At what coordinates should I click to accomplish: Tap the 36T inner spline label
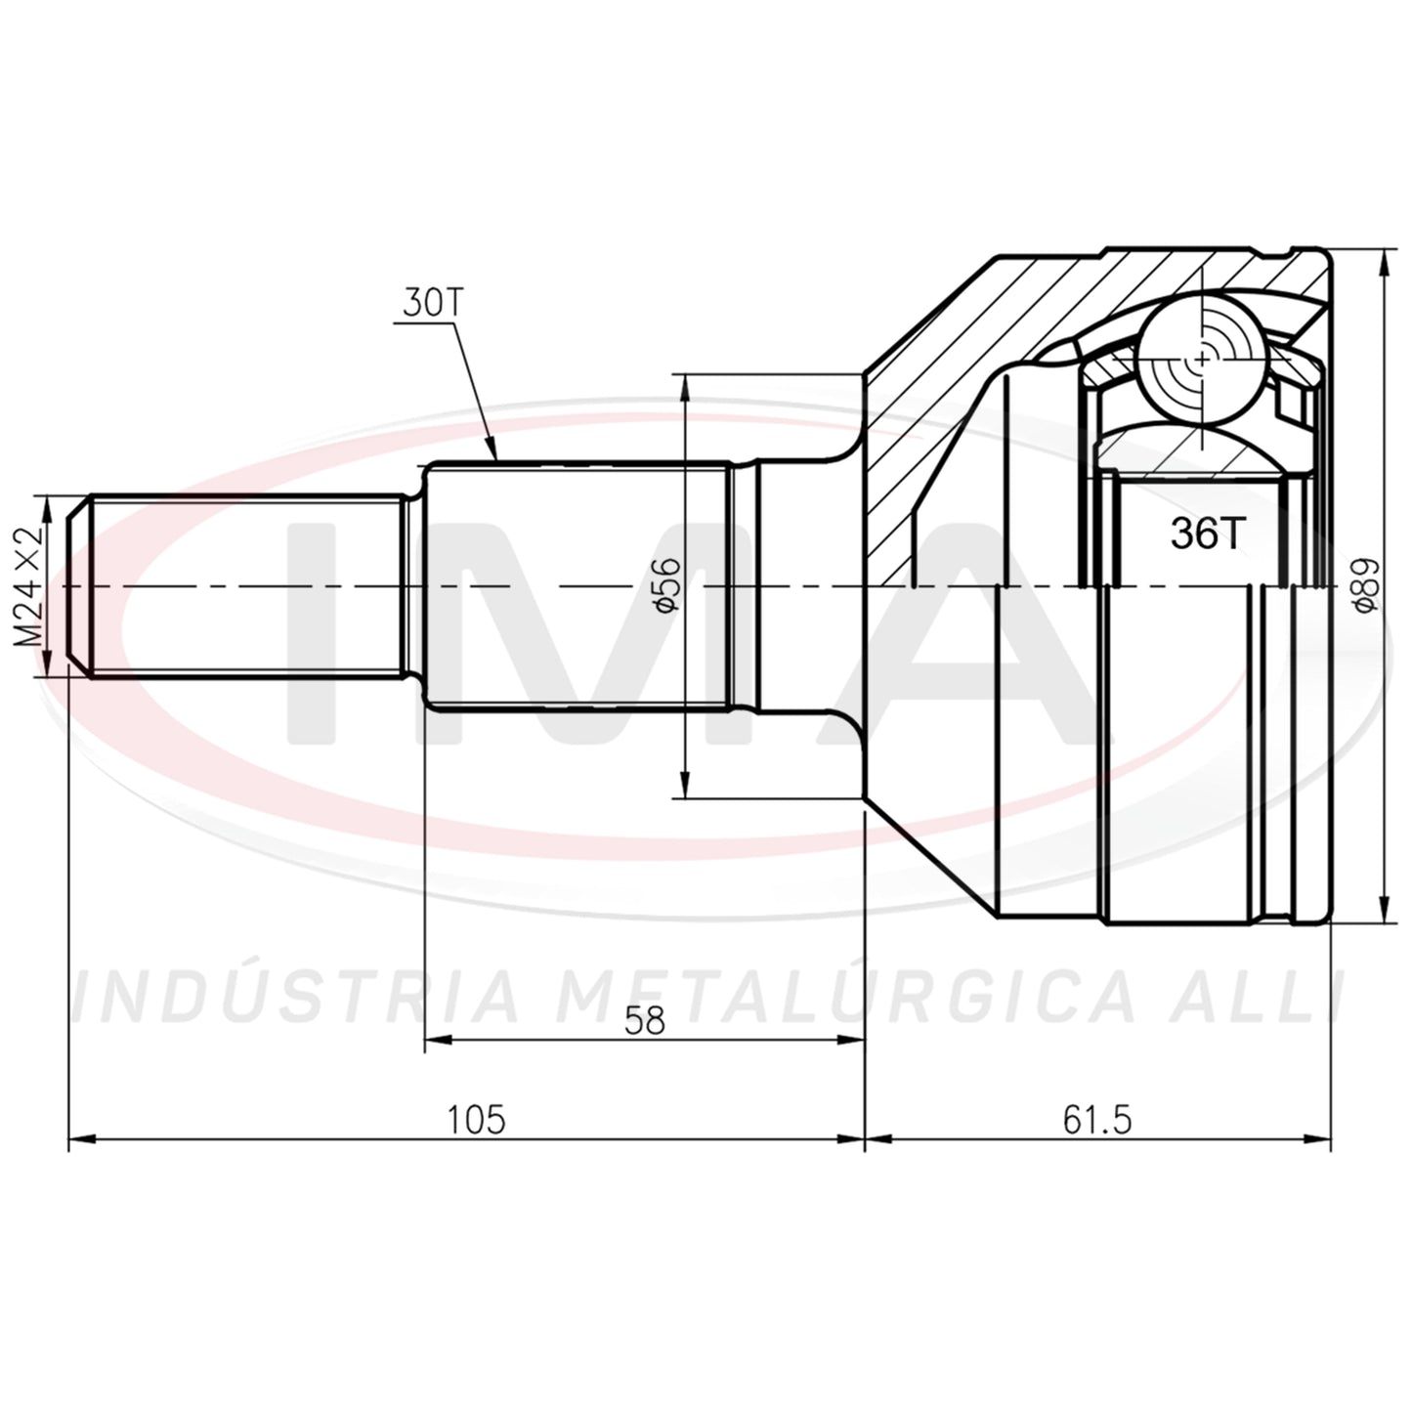[x=1207, y=534]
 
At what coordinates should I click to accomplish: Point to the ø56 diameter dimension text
[x=664, y=585]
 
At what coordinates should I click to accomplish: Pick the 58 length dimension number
[x=644, y=1021]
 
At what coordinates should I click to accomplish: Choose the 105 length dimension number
[x=476, y=1120]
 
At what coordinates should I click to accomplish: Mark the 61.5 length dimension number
[x=1097, y=1120]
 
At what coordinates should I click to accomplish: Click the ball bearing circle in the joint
[x=1202, y=359]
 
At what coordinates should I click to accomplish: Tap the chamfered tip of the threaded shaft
[x=78, y=586]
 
